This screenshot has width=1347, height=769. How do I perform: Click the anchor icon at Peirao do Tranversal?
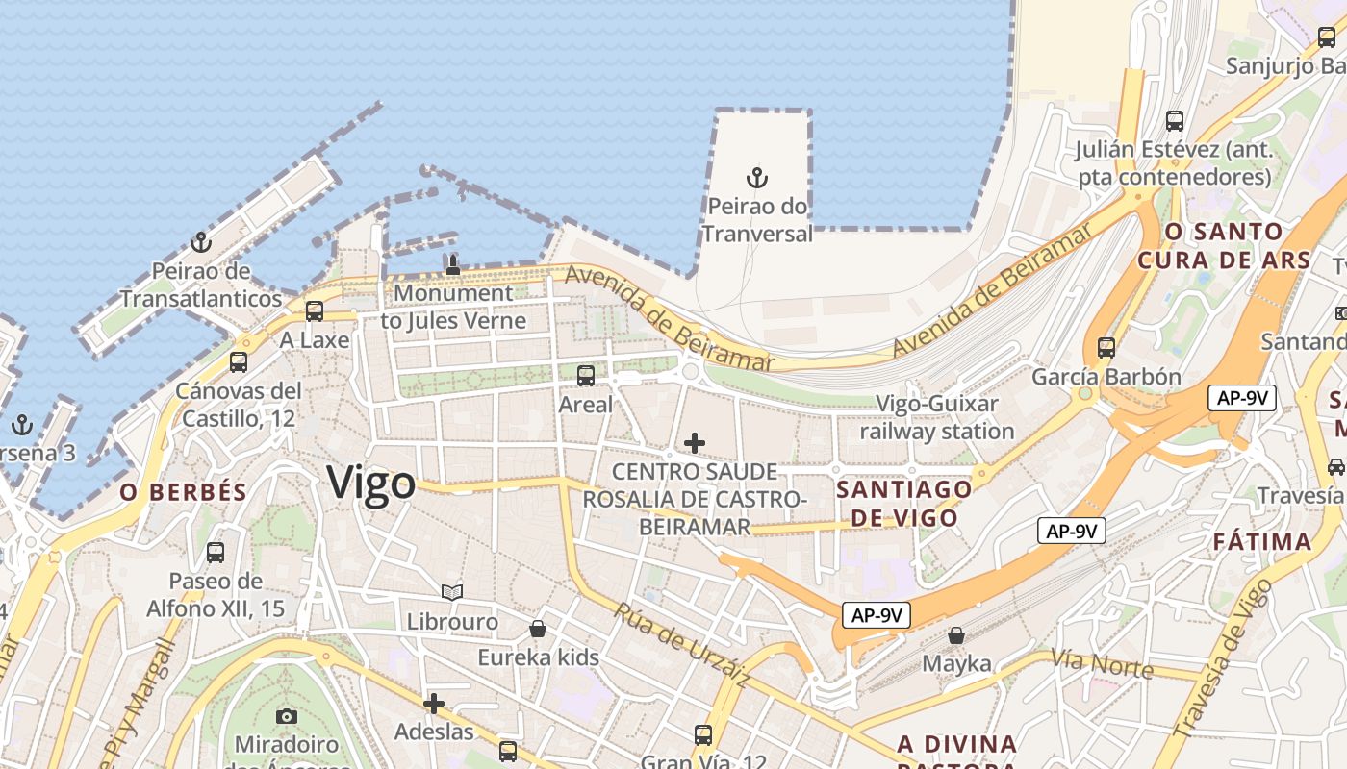point(757,178)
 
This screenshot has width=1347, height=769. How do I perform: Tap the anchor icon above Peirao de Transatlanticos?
point(201,242)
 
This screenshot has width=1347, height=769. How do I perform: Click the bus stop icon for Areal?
point(586,376)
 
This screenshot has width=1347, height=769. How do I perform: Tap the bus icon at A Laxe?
point(315,311)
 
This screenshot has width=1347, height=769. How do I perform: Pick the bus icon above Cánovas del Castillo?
point(239,362)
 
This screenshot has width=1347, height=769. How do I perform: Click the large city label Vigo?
point(371,483)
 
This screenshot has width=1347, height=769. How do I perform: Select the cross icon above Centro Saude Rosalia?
point(694,443)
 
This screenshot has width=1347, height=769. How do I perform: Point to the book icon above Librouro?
point(452,593)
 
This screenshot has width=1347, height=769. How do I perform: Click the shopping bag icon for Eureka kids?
point(538,629)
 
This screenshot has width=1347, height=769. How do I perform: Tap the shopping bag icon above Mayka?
point(956,635)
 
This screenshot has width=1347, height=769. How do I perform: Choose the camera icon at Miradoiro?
point(287,716)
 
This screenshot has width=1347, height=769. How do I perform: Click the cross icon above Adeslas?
point(434,704)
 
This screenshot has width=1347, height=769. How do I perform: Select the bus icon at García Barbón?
point(1106,348)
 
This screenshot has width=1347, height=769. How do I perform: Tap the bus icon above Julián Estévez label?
point(1175,121)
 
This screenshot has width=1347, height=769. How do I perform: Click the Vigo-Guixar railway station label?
point(937,417)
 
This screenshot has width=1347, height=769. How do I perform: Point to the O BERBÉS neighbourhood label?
point(184,492)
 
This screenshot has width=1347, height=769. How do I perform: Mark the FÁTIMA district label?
point(1262,541)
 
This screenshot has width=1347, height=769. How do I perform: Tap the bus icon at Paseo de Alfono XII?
point(216,553)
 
